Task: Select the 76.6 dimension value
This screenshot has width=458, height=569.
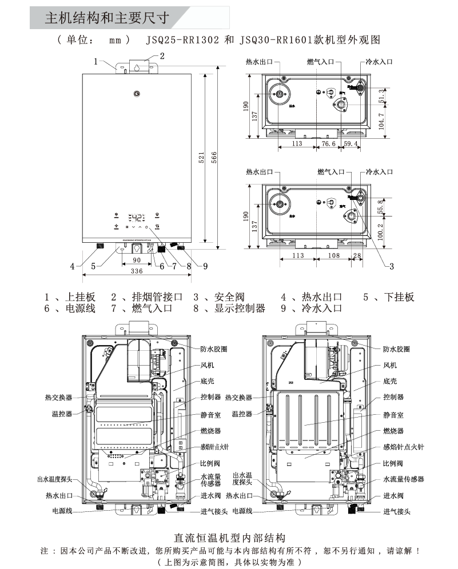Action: (x=328, y=144)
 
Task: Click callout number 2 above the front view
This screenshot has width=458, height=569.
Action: (x=162, y=56)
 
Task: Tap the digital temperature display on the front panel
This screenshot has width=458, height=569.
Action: (x=137, y=218)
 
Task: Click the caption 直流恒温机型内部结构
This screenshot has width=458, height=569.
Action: (x=229, y=538)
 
